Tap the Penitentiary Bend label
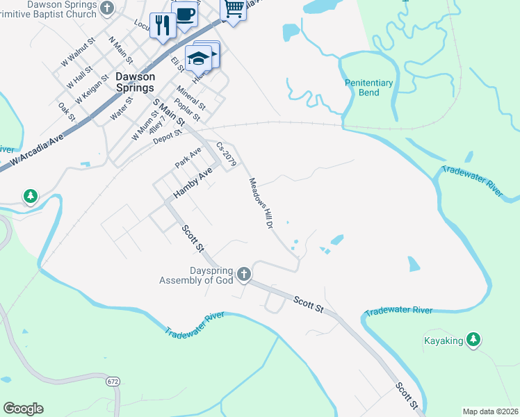coord(369,88)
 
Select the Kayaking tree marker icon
coord(473,339)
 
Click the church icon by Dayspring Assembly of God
coord(243,274)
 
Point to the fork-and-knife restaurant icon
coord(163,26)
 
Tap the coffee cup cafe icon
coord(186,15)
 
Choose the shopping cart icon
coord(234,9)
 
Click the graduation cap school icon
coord(198,57)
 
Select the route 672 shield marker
coord(113,382)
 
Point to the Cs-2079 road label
coord(226,154)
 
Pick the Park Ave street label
coord(188,157)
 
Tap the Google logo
coord(23,409)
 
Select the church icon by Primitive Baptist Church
coord(106,8)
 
